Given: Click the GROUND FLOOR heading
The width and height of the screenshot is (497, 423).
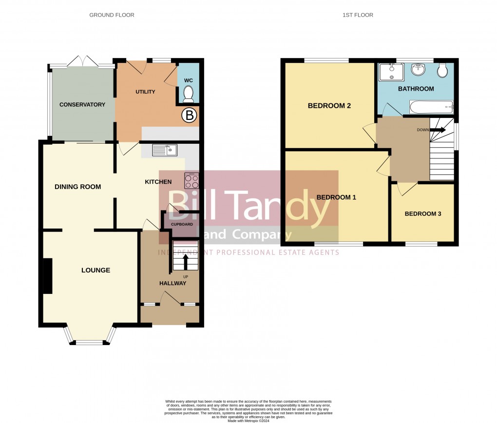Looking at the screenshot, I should (112, 15).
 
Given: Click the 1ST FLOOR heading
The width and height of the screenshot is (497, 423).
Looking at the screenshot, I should (358, 15).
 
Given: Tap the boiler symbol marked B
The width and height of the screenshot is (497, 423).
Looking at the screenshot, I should (189, 115).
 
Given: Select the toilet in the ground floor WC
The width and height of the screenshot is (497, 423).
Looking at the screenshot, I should (188, 92).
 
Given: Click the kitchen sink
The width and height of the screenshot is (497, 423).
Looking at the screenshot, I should (165, 151).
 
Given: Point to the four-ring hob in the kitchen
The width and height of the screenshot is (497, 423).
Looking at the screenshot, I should (191, 181).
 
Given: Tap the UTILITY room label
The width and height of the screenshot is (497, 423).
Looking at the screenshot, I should (145, 92).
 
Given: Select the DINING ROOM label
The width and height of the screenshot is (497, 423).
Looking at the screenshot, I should (77, 187).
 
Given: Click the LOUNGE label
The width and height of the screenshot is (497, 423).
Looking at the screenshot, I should (96, 270).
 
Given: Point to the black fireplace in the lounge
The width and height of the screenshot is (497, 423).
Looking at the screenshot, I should (47, 276).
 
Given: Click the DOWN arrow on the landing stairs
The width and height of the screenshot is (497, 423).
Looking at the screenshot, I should (438, 130).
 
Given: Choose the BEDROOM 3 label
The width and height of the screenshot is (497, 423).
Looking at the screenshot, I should (422, 213).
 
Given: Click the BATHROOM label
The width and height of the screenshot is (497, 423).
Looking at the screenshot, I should (416, 89).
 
